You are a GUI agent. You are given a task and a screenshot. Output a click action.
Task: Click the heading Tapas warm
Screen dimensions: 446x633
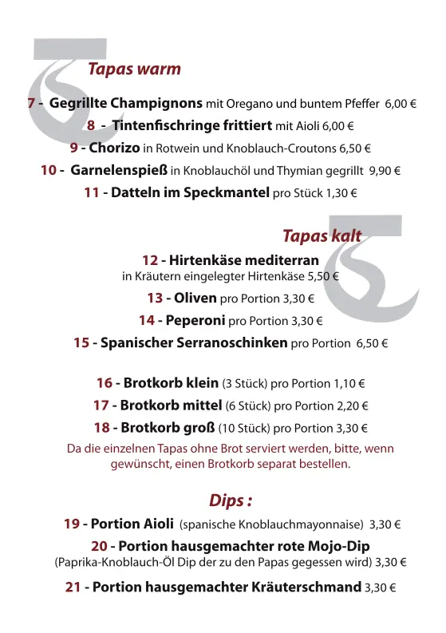[x=134, y=69]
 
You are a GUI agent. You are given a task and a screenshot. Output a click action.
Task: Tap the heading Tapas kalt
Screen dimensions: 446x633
[x=322, y=235]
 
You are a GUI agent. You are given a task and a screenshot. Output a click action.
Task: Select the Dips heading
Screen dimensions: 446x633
[x=231, y=500]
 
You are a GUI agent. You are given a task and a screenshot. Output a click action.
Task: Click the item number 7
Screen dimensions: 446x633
[x=31, y=104]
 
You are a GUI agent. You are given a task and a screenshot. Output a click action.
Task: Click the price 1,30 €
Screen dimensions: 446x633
[x=341, y=193]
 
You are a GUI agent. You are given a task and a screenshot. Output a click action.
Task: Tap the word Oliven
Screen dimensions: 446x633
[x=195, y=299]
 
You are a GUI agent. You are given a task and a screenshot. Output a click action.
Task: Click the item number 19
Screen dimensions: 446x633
[x=71, y=524]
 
